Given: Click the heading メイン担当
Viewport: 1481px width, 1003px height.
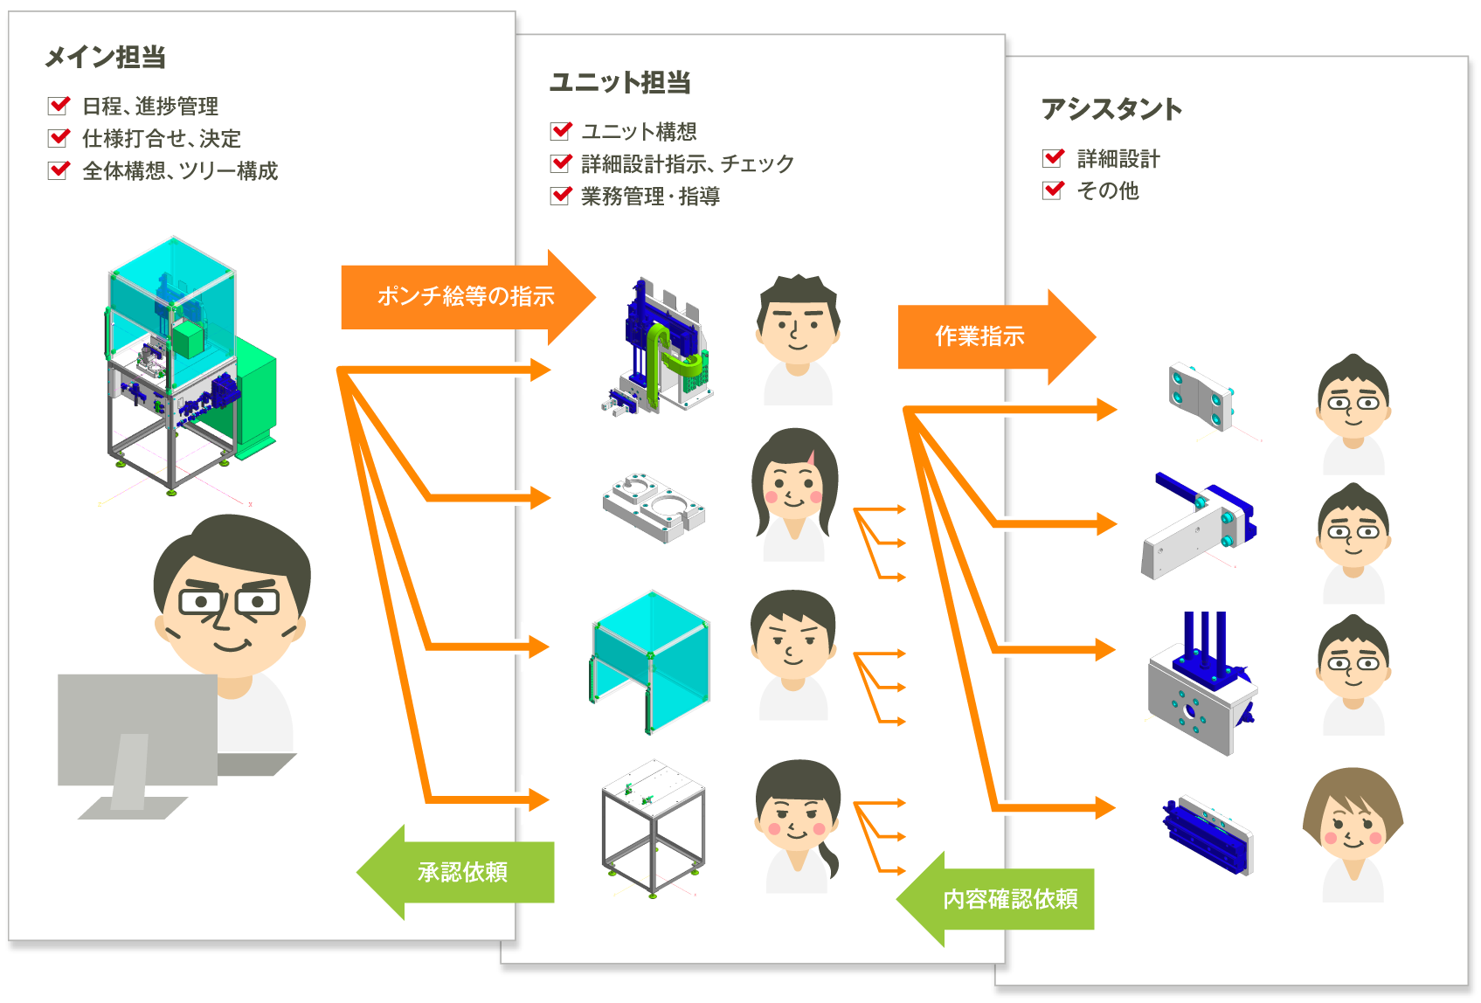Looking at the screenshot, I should tap(105, 58).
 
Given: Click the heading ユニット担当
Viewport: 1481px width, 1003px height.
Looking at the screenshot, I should tap(619, 83).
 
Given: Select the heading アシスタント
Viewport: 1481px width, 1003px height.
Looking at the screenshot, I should tap(1111, 109).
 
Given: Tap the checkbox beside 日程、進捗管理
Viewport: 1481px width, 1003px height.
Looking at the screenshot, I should tap(59, 106).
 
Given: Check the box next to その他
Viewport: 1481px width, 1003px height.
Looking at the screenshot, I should tap(1054, 190).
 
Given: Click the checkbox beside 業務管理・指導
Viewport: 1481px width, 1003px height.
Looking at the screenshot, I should tap(561, 196).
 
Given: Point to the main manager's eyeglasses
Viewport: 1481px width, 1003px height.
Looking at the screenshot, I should tap(229, 602).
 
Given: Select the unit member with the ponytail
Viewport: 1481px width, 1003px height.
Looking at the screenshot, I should tap(798, 826).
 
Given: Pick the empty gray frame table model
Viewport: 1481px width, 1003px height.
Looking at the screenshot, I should tap(653, 826).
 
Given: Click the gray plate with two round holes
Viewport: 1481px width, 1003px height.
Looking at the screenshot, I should tap(653, 507).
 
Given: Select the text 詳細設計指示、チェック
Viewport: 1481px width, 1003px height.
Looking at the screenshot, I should tap(687, 163).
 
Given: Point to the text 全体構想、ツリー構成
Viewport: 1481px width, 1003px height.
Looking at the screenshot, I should tap(180, 170).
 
